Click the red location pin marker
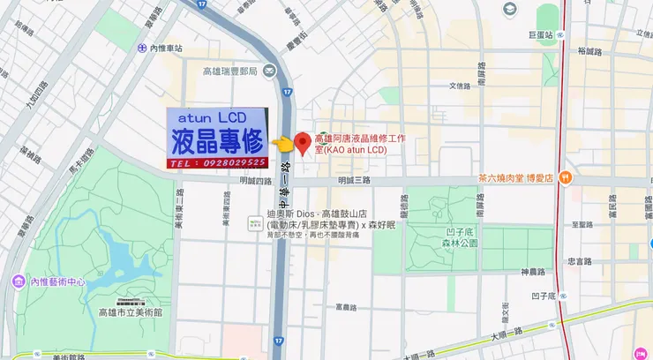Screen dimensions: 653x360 pyautogui.click(x=301, y=144)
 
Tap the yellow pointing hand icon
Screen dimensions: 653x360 pyautogui.click(x=281, y=143)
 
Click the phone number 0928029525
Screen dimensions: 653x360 pyautogui.click(x=229, y=163)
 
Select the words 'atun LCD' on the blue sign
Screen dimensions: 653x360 pyautogui.click(x=212, y=116)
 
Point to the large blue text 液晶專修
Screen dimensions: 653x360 pyautogui.click(x=217, y=140)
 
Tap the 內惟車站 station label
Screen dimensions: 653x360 pyautogui.click(x=165, y=49)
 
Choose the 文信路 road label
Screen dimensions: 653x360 pyautogui.click(x=460, y=86)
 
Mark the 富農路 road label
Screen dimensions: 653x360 pyautogui.click(x=345, y=308)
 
